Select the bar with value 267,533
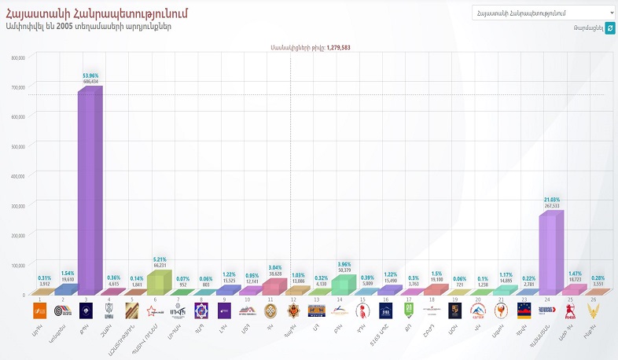(x=554, y=252)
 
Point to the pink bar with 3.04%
(x=274, y=286)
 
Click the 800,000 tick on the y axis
(x=20, y=57)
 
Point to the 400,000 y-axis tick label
(x=20, y=175)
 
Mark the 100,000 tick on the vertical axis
(x=20, y=264)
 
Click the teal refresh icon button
(x=610, y=28)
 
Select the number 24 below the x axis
(x=546, y=300)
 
